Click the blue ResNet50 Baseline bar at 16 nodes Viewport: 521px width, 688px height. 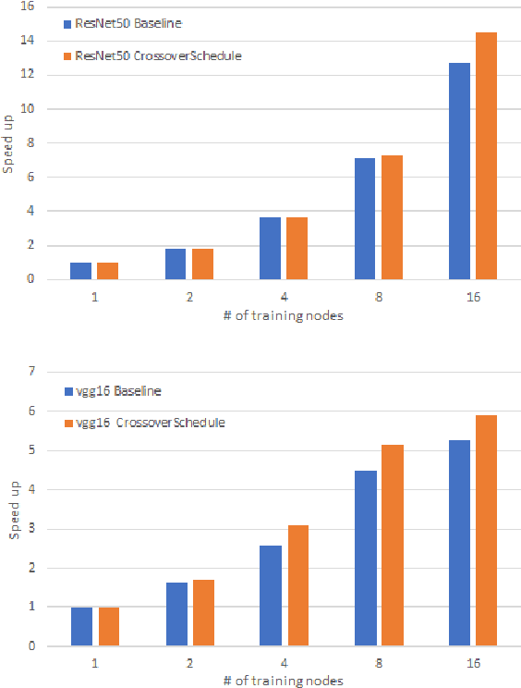click(459, 171)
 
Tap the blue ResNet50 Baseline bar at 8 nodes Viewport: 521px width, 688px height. click(365, 218)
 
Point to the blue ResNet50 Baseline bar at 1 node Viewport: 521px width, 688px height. click(81, 271)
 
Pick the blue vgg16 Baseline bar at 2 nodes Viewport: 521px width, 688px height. click(176, 614)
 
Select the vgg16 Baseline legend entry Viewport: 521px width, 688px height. click(115, 391)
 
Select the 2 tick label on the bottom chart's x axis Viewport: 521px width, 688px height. click(189, 663)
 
